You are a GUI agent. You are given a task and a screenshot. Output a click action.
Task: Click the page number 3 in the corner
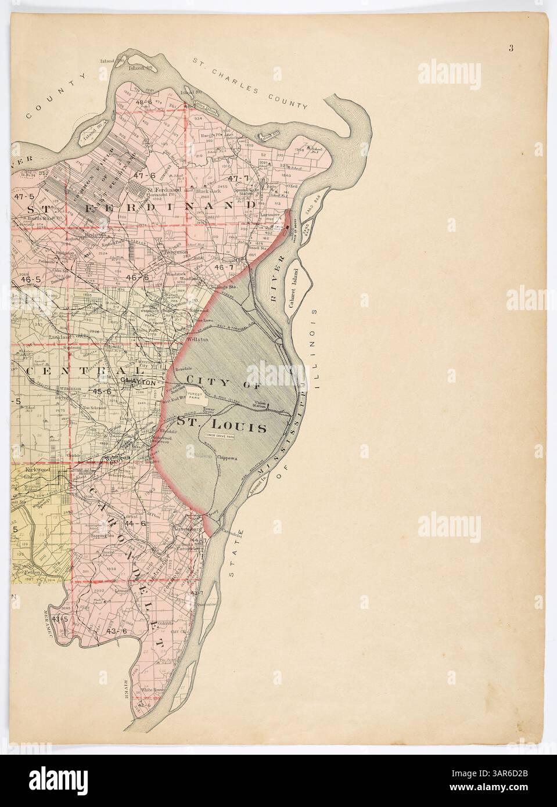click(x=511, y=48)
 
